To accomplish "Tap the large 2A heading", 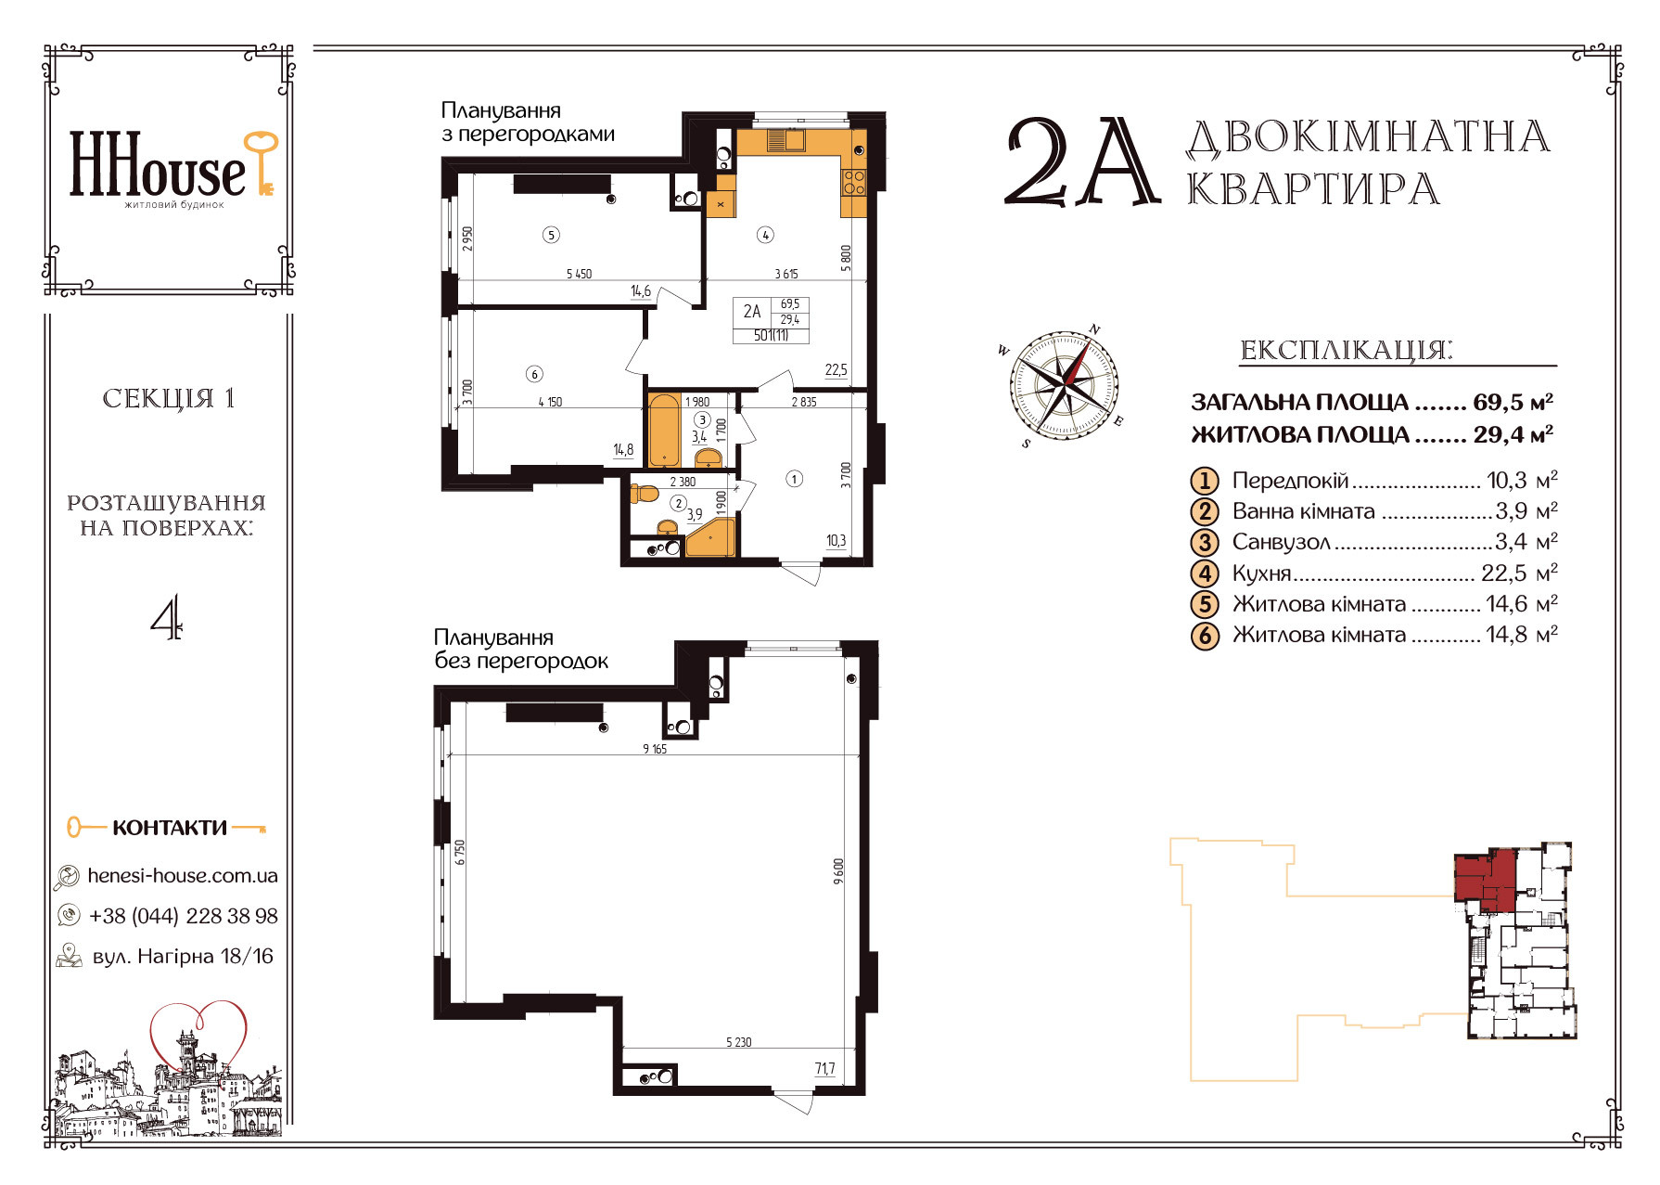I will [1081, 163].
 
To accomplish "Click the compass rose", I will [1064, 384].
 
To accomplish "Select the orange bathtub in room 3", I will [664, 430].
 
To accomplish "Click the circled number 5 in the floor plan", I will [551, 235].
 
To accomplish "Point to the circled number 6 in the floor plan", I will [534, 374].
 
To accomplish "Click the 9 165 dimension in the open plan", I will [655, 749].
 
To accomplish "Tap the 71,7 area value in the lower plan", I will [824, 1069].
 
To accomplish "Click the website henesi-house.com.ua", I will [182, 876].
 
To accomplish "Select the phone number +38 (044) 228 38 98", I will [183, 916].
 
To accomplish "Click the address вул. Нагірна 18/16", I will [183, 956].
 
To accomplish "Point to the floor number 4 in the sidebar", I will [167, 619].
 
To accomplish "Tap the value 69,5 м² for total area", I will [1513, 403].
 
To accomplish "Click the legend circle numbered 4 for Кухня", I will [1205, 573].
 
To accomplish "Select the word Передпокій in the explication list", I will [1290, 481].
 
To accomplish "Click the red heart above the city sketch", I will [199, 1032].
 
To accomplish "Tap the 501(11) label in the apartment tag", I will [771, 336].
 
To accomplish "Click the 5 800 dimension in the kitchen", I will [846, 257].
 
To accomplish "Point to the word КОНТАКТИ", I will [170, 828].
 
